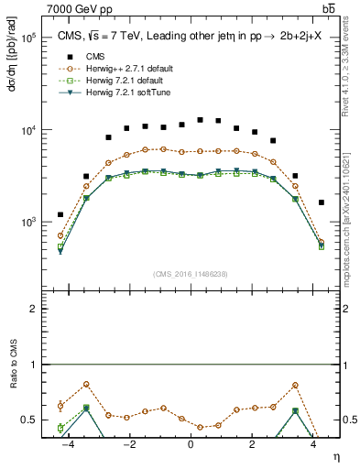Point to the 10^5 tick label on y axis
click(28, 38)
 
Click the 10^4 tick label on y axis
click(28, 130)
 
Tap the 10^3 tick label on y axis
click(28, 223)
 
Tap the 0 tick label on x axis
click(191, 444)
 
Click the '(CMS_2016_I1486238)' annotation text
click(190, 274)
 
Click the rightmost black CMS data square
click(321, 202)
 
